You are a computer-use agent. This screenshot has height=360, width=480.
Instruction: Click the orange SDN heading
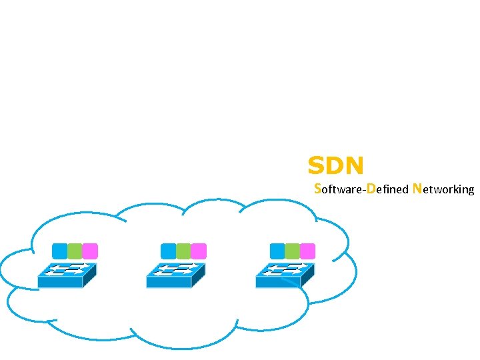click(x=335, y=165)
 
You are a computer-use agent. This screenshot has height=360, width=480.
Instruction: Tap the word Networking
click(x=443, y=189)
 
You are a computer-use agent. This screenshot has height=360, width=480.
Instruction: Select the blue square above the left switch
click(x=60, y=251)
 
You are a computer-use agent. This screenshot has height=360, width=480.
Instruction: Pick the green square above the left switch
click(x=75, y=251)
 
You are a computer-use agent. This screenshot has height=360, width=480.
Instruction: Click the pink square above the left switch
click(x=90, y=251)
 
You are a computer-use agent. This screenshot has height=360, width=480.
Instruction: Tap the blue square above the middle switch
click(x=169, y=251)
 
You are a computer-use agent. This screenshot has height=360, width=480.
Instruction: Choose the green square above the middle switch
click(x=183, y=251)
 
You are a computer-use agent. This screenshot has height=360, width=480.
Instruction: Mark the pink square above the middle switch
click(x=199, y=251)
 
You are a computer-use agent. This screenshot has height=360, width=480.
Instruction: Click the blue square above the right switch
click(x=277, y=251)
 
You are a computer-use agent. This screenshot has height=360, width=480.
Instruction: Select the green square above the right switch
click(x=292, y=251)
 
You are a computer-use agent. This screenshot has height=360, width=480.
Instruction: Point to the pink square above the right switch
click(x=307, y=251)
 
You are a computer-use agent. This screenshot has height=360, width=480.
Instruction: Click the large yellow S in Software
click(x=317, y=188)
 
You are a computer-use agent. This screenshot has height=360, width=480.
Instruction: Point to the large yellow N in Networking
click(x=417, y=188)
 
